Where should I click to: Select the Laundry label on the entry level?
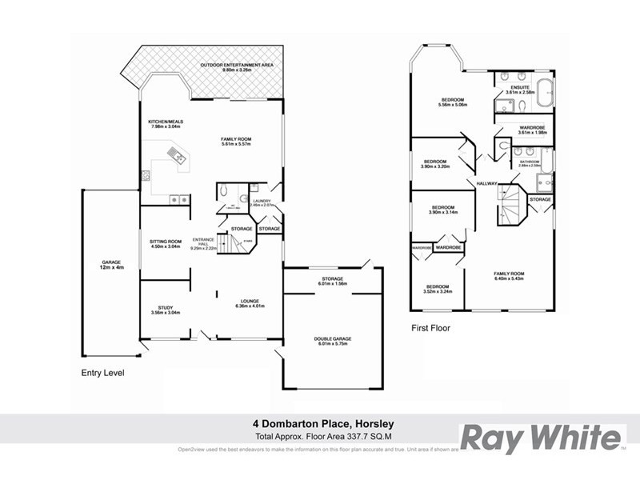point(261,201)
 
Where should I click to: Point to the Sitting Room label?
point(166,242)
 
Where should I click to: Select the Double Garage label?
point(332,338)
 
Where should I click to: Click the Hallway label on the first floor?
point(487,183)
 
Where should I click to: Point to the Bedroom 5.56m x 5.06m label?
point(452,102)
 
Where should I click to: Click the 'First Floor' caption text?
point(430,328)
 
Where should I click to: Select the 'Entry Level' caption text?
point(102,373)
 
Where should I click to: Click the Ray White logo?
point(541,438)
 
